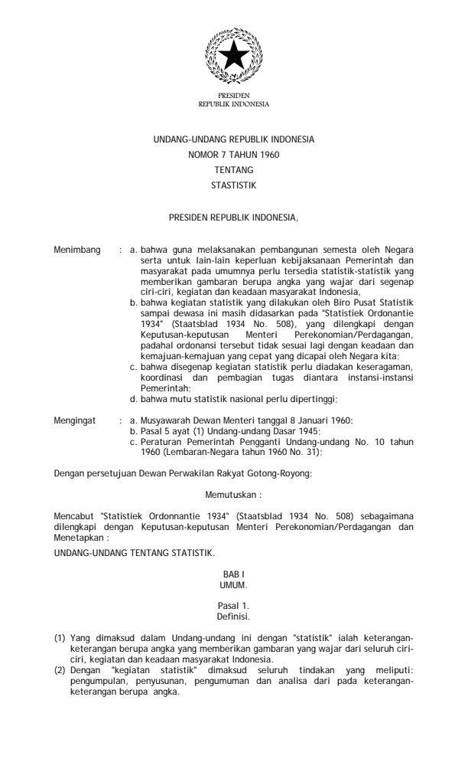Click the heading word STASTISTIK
click(x=234, y=184)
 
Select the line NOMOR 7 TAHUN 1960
click(x=234, y=155)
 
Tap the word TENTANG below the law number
click(x=234, y=169)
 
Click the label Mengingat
click(x=77, y=420)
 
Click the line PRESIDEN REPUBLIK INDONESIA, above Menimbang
click(x=234, y=218)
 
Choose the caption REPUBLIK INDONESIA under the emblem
click(x=234, y=102)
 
